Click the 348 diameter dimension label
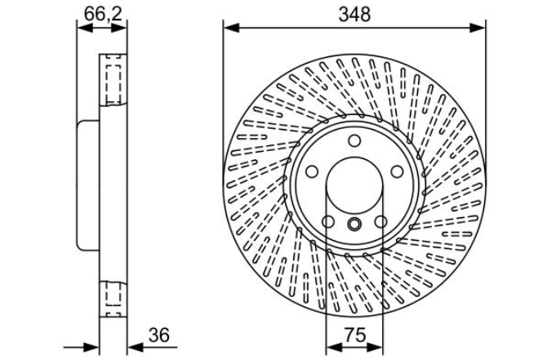tap(354, 15)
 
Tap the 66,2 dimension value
tap(103, 15)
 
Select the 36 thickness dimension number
tap(158, 336)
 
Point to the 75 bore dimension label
tap(356, 336)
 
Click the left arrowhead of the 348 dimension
tap(231, 28)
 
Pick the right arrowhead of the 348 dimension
tap(478, 28)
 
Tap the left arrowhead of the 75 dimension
tap(334, 347)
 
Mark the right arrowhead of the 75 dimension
tap(375, 347)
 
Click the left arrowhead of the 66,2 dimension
tap(85, 28)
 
